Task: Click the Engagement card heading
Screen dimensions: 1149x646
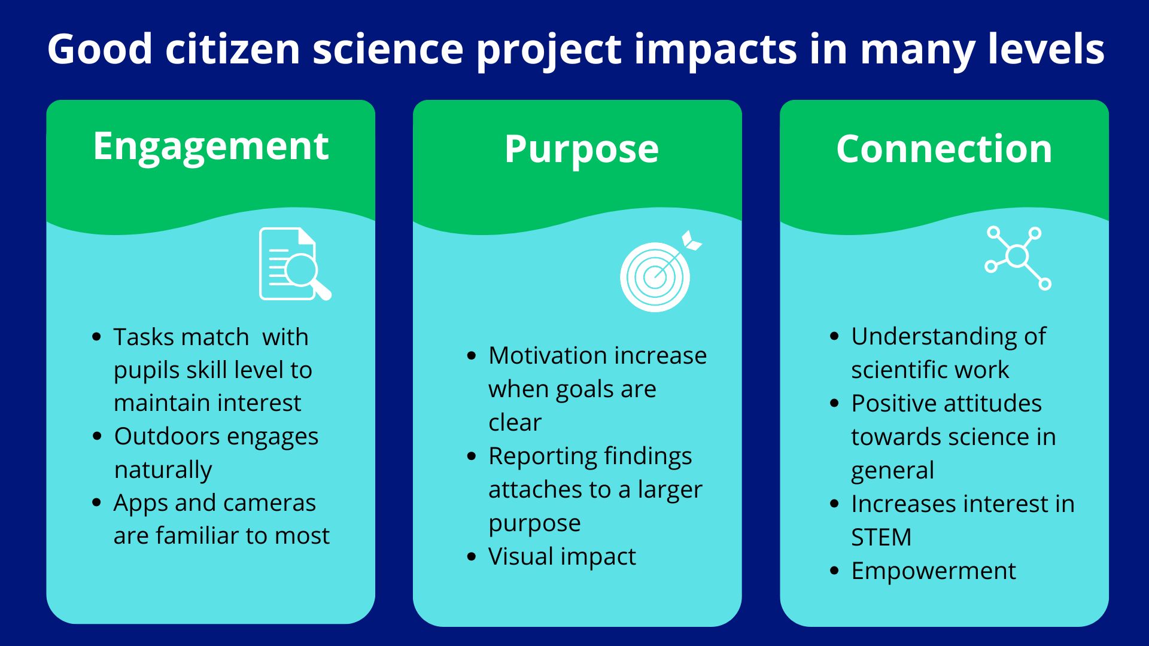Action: click(211, 147)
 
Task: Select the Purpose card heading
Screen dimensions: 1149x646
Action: click(581, 150)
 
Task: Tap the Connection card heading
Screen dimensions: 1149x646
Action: click(944, 148)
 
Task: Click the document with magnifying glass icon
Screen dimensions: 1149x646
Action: click(295, 264)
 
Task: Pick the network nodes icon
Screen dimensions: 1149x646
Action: click(1018, 258)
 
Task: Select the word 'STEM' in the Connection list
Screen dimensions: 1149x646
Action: click(881, 537)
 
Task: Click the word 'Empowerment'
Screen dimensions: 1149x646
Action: click(934, 571)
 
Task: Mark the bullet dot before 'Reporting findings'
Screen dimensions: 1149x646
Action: click(472, 456)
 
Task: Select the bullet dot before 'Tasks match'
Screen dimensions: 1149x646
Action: click(97, 337)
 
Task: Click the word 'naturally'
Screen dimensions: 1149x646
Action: click(163, 470)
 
